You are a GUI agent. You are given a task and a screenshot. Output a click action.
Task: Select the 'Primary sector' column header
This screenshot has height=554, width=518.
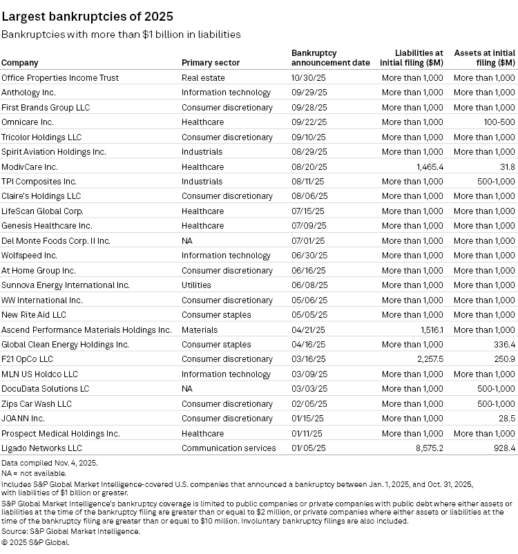point(211,63)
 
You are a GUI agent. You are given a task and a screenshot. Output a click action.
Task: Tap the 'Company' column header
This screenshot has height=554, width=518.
point(19,63)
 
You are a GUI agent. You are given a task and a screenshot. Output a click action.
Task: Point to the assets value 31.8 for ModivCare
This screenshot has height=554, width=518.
point(508,166)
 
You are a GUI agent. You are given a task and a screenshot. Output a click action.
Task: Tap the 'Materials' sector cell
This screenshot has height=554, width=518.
point(200,329)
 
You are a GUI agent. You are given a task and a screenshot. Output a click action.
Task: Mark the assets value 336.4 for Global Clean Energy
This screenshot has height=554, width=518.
point(502,344)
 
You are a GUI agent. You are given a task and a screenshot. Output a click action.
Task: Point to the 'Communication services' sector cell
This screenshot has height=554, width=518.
point(229,448)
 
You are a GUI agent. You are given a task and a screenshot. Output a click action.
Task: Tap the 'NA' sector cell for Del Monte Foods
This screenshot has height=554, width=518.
point(187,241)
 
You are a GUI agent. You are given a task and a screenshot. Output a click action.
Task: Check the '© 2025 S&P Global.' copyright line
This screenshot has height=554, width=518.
point(35,542)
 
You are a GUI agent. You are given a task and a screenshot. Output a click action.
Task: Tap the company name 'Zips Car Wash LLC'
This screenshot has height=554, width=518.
point(37,403)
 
